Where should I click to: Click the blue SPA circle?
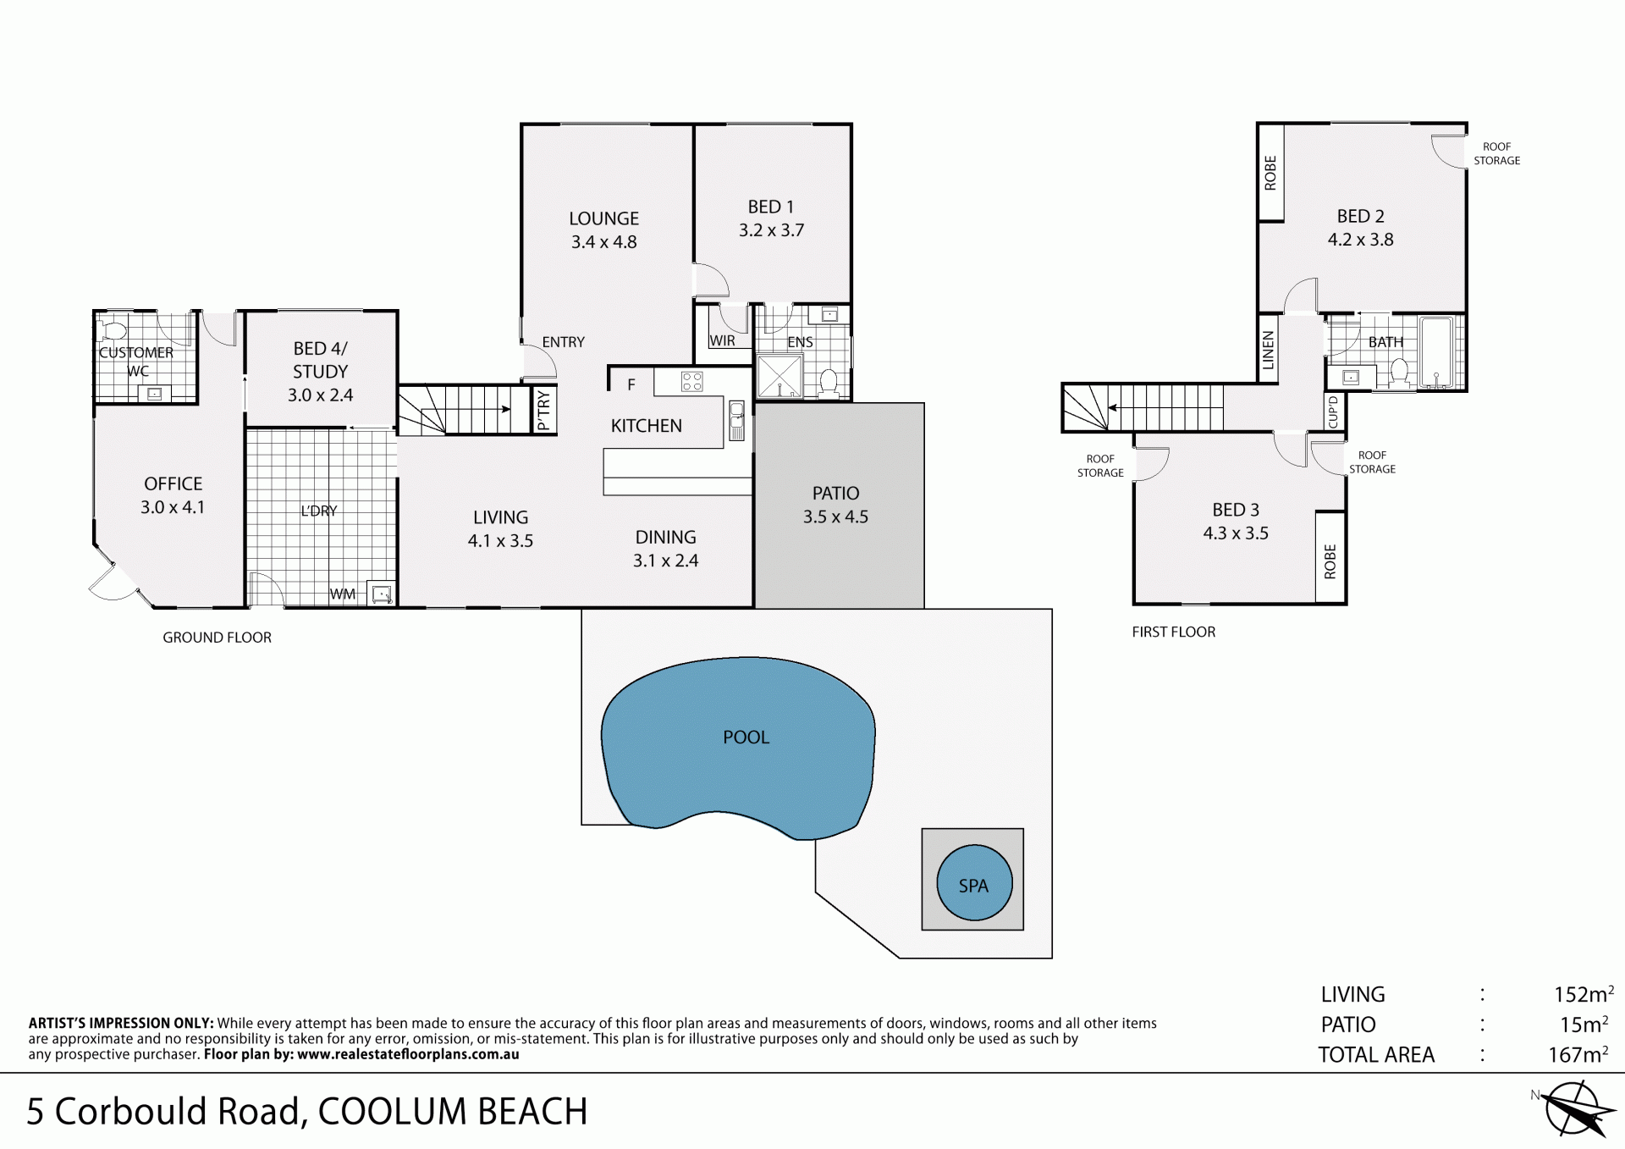(x=974, y=882)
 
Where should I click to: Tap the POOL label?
(x=746, y=737)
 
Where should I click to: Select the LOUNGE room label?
(x=603, y=218)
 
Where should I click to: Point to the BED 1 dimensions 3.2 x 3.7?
(x=771, y=230)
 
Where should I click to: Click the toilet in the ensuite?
(x=829, y=383)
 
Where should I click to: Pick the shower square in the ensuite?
(x=779, y=377)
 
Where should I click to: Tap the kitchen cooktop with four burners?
(x=691, y=382)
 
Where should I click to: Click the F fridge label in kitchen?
(x=631, y=384)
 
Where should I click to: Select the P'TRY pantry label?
(x=543, y=411)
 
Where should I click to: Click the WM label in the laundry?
(x=343, y=594)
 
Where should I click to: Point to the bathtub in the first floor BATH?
(x=1435, y=352)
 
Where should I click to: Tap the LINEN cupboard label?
(x=1268, y=350)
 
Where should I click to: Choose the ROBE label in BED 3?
(x=1330, y=561)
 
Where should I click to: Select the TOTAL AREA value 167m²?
(x=1578, y=1054)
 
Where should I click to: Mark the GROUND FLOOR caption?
(x=218, y=638)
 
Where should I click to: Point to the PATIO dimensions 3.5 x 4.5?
(x=835, y=516)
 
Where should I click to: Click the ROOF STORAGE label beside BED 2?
(x=1496, y=153)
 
